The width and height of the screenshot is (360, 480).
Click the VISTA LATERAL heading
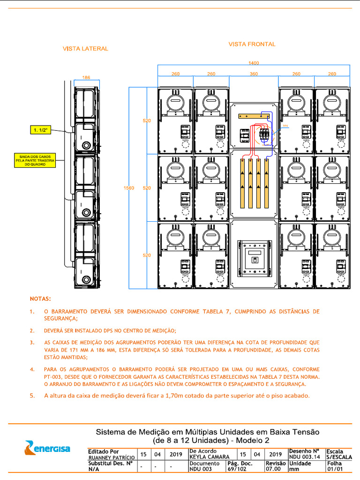coord(85,48)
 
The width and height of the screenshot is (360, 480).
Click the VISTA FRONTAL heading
coord(252,44)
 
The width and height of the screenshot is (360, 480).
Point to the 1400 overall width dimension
coord(254,63)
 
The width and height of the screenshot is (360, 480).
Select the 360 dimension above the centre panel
coord(254,74)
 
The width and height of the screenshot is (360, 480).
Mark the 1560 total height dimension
coord(128,187)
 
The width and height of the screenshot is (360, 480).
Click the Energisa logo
coord(47,448)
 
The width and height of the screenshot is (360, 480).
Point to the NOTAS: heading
coord(41,298)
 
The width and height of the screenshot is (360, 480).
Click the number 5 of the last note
coord(32,396)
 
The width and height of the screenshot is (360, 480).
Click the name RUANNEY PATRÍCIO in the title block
coord(111,457)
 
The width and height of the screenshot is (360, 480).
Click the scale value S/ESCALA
coord(338,457)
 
